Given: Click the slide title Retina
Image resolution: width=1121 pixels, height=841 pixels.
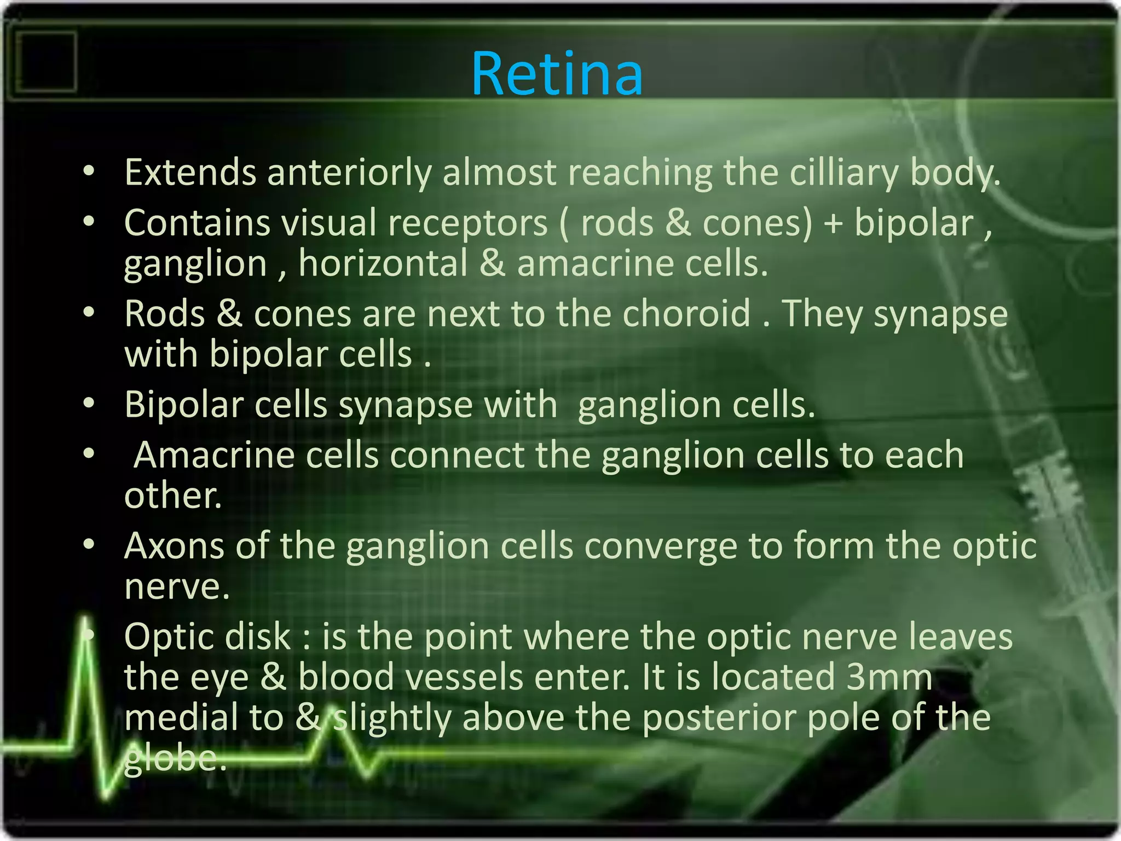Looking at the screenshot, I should [557, 74].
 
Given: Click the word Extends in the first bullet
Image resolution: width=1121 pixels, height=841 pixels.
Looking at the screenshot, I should [190, 172].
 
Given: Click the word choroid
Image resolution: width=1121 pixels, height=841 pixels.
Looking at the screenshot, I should [686, 314].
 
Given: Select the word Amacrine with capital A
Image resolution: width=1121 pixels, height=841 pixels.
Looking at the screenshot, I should [214, 455].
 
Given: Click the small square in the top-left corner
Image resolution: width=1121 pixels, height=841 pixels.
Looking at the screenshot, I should [46, 61].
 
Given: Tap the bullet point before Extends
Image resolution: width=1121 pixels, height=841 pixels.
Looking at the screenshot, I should [89, 171].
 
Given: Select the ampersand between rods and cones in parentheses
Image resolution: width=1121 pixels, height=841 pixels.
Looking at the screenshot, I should [678, 223].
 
